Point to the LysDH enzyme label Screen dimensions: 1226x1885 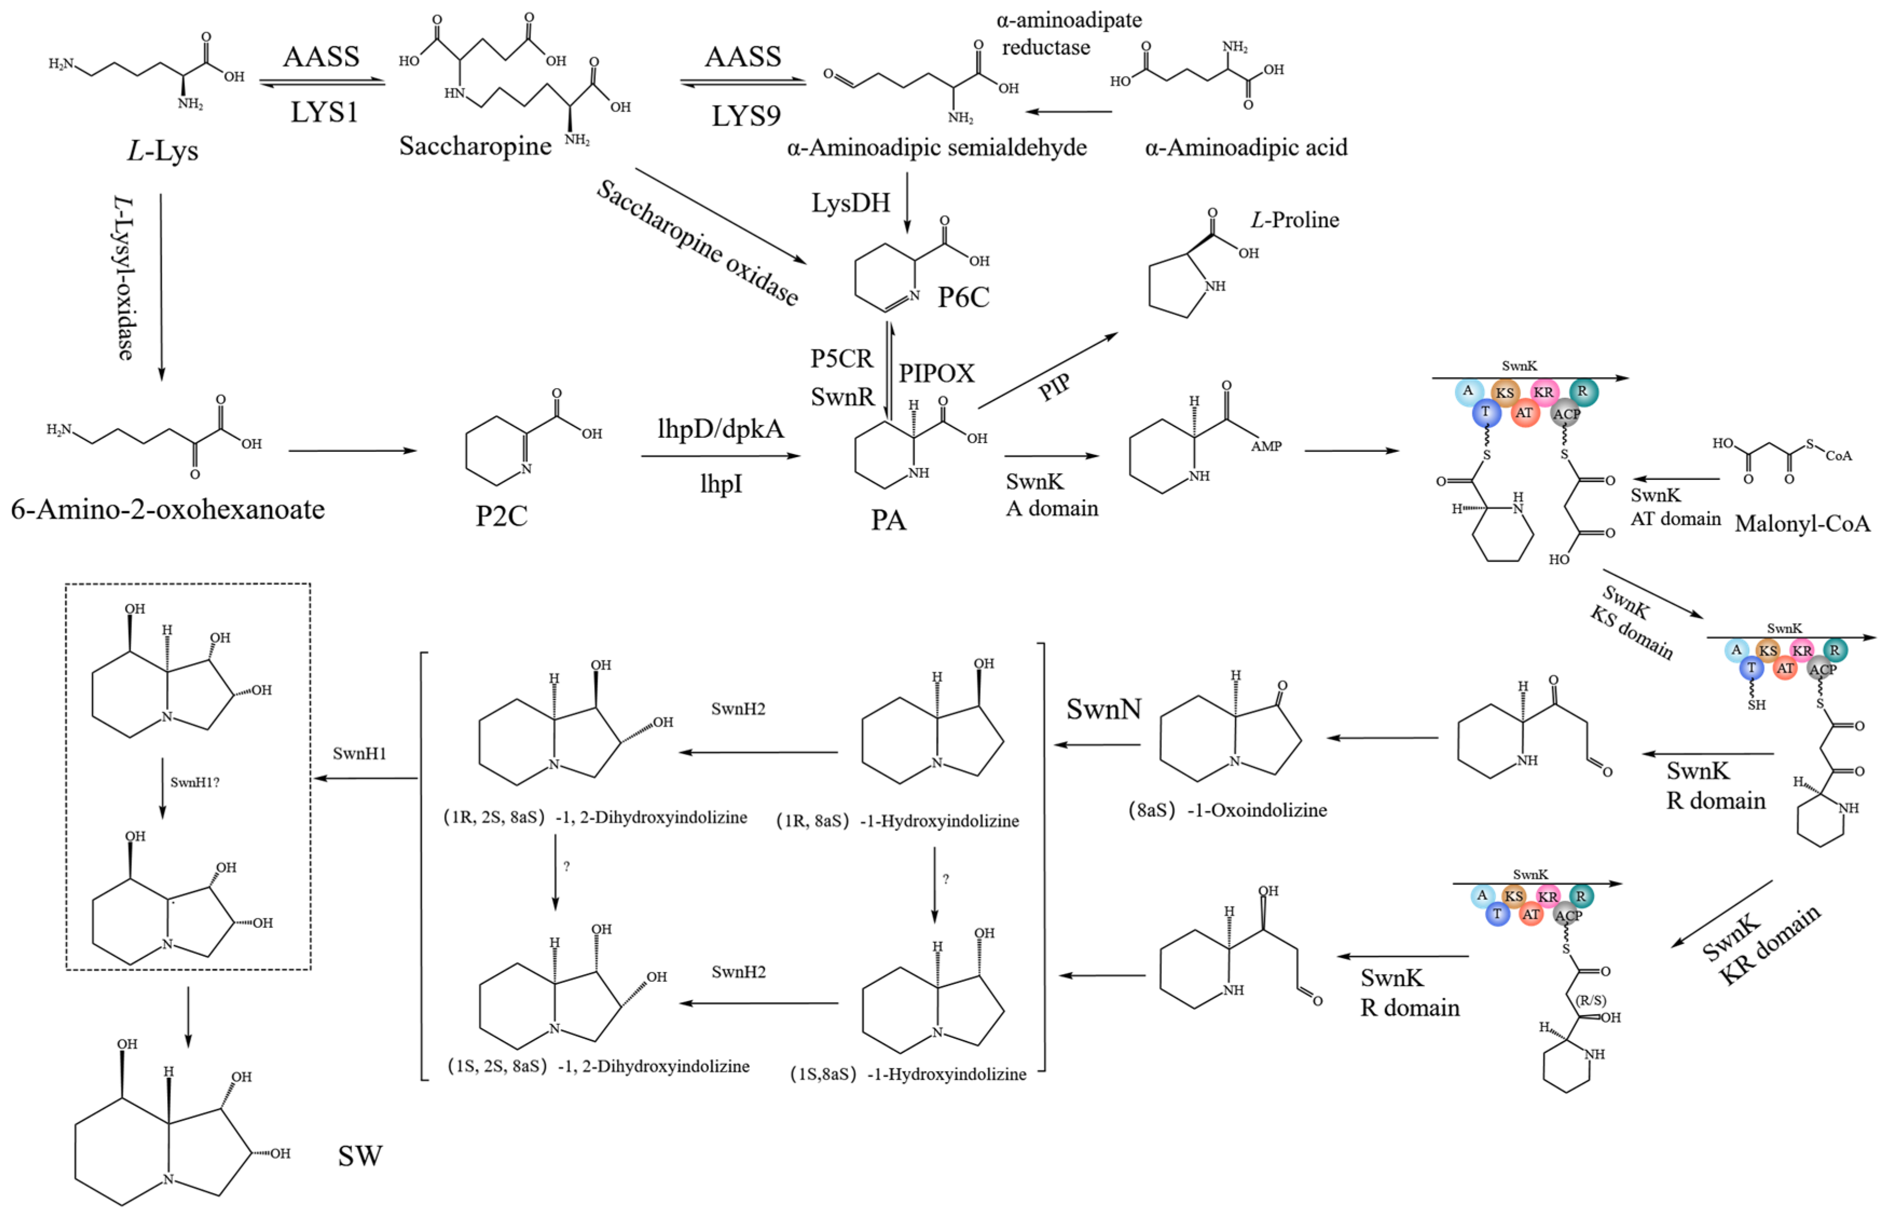[851, 203]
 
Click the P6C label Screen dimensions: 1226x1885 [963, 298]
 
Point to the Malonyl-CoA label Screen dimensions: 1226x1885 [1802, 524]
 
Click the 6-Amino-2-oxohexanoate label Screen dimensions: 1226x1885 [167, 509]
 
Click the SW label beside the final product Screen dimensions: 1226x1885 [360, 1156]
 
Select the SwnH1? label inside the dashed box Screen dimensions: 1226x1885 [195, 782]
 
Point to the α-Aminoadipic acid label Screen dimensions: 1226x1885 [1246, 147]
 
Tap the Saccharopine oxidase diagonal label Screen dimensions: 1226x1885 [697, 243]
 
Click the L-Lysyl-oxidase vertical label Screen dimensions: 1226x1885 [125, 277]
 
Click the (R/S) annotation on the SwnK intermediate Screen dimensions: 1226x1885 [1591, 1000]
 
